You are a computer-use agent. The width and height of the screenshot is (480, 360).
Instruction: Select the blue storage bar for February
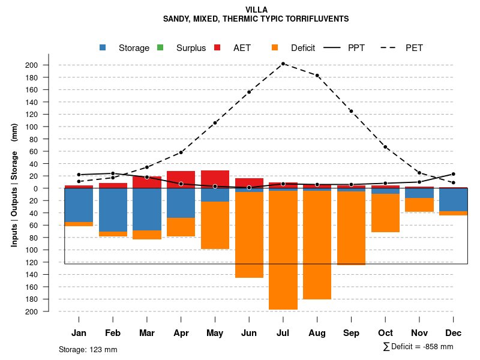point(113,209)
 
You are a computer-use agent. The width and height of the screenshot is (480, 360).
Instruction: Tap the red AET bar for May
point(215,178)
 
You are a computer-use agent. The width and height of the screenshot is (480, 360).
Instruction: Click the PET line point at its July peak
point(283,64)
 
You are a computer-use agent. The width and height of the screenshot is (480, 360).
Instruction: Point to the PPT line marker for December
point(453,174)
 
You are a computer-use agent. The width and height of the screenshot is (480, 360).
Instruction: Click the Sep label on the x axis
point(351,333)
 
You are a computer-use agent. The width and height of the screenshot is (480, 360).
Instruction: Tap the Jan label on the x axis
point(79,333)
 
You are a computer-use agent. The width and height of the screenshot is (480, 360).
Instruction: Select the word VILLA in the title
point(257,10)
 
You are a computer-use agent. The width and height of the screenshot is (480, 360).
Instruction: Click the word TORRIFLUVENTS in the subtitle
point(318,19)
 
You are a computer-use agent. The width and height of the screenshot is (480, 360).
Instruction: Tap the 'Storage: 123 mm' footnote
point(88,349)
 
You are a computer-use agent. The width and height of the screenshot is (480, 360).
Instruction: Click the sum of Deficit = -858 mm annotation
point(418,347)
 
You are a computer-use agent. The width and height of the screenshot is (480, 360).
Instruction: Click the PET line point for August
point(317,76)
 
